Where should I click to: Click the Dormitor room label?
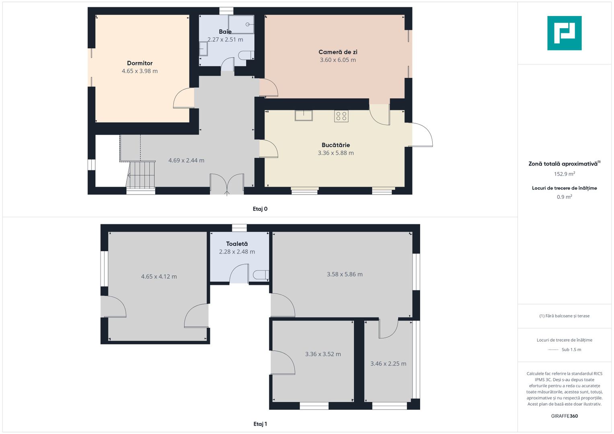click(140, 63)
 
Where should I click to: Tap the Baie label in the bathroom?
click(225, 31)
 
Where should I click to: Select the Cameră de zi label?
click(338, 52)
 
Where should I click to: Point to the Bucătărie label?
click(336, 145)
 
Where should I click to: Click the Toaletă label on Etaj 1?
click(237, 244)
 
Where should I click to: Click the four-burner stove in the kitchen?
click(341, 116)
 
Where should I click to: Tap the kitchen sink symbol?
click(304, 115)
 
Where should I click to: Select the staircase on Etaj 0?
click(141, 175)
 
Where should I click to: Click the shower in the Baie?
click(241, 25)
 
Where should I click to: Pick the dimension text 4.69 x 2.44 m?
click(187, 160)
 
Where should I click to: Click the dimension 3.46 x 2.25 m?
click(388, 364)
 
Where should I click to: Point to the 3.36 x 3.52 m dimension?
click(323, 354)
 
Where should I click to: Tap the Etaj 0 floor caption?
click(260, 209)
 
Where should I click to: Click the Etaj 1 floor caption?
click(260, 424)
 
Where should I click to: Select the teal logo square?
click(565, 33)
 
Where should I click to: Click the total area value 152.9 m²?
click(565, 174)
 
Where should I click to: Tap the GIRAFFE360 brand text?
click(565, 416)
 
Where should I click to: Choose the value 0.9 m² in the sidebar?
click(565, 197)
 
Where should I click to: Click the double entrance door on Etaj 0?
click(227, 184)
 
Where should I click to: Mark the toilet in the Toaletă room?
click(261, 275)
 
